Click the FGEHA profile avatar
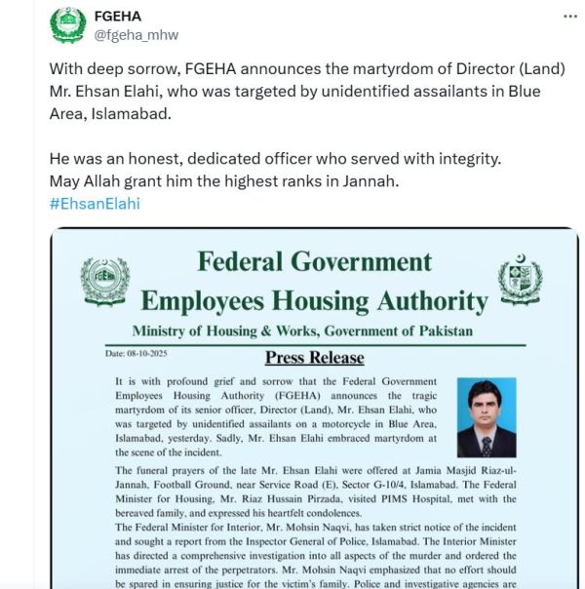[67, 26]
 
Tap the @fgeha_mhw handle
[136, 35]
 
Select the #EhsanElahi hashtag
[95, 203]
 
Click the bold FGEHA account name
[118, 17]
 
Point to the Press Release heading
[314, 358]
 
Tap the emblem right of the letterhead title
[519, 281]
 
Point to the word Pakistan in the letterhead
[441, 331]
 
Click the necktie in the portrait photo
[485, 444]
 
